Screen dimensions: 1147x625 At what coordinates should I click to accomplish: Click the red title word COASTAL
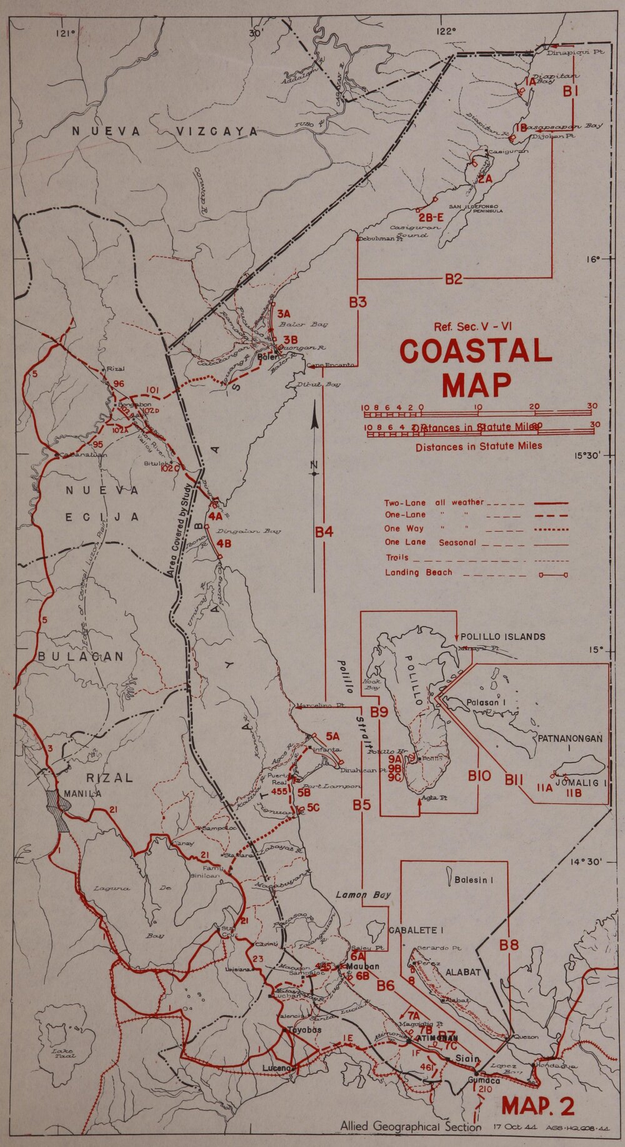tap(476, 352)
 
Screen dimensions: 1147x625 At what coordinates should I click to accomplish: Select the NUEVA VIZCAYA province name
tap(164, 131)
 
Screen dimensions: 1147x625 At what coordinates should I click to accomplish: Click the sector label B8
tap(509, 945)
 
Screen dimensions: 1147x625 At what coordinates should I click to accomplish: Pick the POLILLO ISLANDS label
tap(502, 637)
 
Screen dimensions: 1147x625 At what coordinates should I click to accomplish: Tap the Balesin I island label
tap(474, 880)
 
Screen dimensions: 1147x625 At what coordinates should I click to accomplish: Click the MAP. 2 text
tap(538, 1106)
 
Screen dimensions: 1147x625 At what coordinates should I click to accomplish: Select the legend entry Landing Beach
tap(418, 573)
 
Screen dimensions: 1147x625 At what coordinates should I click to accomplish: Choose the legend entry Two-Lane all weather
tap(434, 502)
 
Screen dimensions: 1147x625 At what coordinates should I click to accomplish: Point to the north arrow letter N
tap(314, 463)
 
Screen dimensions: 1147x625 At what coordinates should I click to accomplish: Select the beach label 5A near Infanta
tap(332, 736)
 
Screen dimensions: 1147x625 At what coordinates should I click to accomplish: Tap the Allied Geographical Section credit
tap(411, 1126)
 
